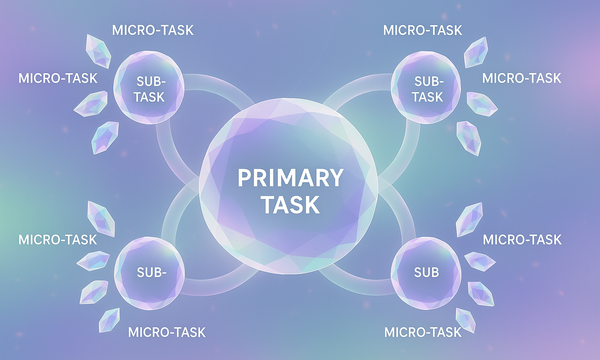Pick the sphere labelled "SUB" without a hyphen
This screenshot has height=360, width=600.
coord(427,271)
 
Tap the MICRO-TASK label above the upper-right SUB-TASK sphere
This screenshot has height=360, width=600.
coord(424,29)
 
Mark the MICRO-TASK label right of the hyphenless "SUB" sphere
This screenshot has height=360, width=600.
coord(522,240)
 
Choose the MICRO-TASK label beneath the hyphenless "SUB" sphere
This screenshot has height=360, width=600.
coord(424,331)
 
